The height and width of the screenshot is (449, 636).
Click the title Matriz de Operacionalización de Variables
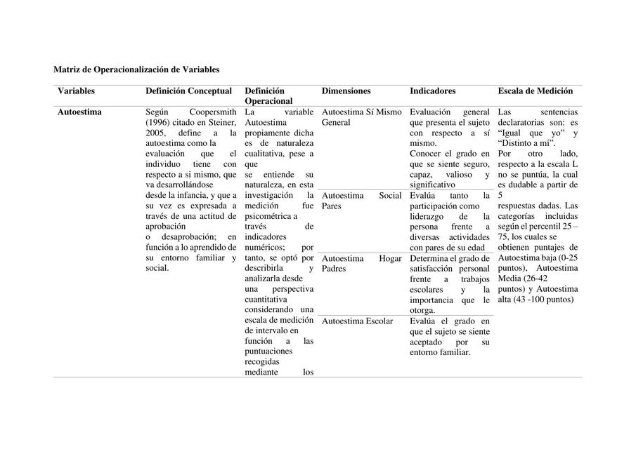tap(136, 69)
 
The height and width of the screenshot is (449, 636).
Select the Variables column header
tap(76, 91)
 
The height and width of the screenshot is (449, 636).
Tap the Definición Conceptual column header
tap(188, 91)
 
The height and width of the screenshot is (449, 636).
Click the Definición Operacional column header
tap(268, 96)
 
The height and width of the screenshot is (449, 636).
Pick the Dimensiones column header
tap(346, 91)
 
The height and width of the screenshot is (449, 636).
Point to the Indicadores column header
tap(432, 91)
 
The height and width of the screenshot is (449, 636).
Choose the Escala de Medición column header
tap(535, 91)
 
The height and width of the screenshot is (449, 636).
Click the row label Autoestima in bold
tap(79, 112)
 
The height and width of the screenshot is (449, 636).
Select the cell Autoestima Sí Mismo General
tap(361, 117)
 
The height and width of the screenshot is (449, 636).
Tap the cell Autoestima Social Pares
tap(361, 201)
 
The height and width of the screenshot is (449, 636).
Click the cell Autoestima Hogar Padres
tap(361, 264)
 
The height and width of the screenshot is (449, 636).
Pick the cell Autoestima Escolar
tap(357, 321)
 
